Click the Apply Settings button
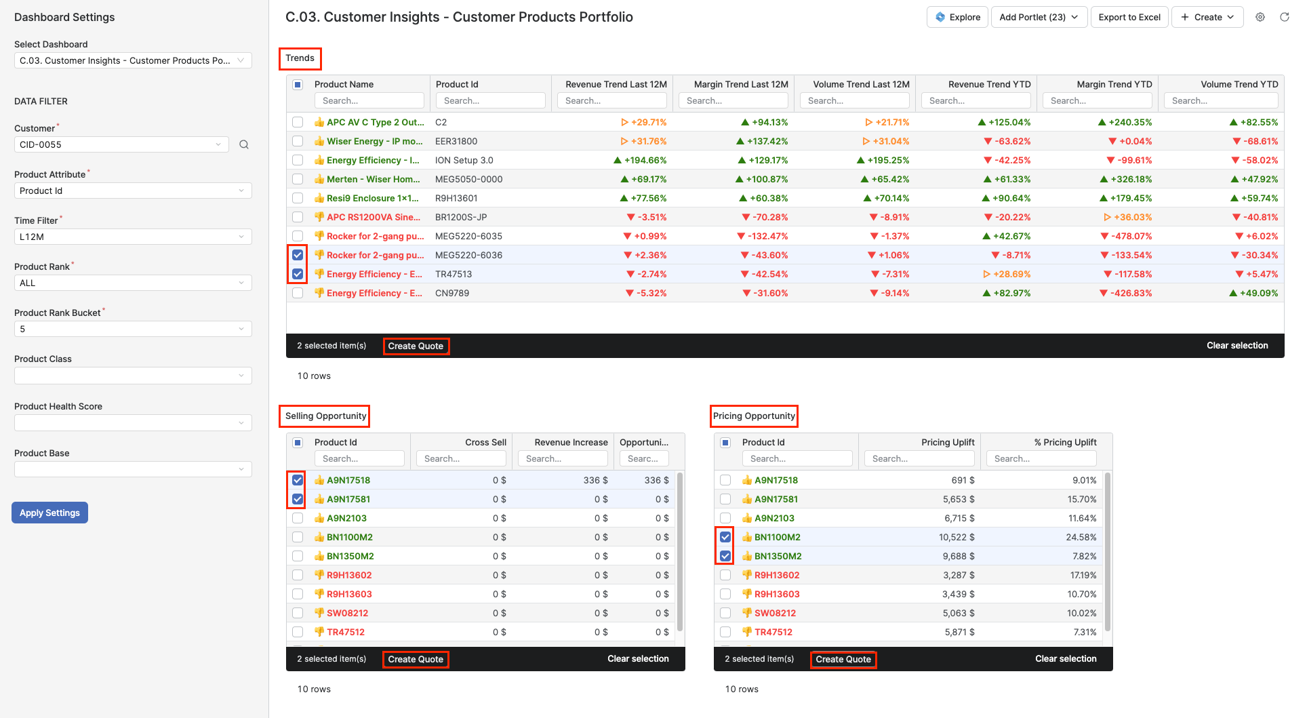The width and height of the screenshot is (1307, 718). click(x=49, y=513)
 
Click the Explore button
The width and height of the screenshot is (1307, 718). click(x=957, y=17)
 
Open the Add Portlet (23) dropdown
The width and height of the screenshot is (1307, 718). click(x=1039, y=17)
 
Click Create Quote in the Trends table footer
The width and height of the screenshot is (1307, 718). click(x=416, y=346)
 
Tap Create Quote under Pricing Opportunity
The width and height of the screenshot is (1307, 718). click(x=843, y=659)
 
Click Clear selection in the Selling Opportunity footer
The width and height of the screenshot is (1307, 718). click(x=638, y=658)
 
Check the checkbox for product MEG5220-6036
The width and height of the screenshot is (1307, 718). click(x=298, y=255)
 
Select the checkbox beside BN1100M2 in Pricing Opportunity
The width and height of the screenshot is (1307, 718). click(x=725, y=537)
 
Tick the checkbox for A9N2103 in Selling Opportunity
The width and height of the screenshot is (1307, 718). click(x=298, y=518)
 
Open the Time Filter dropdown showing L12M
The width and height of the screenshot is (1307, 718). click(x=132, y=237)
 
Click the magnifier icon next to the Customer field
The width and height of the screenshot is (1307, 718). click(x=244, y=144)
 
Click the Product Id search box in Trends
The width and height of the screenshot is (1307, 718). click(x=490, y=100)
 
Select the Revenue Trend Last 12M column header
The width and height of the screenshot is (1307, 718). click(x=616, y=84)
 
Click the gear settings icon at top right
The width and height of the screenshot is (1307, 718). click(x=1260, y=17)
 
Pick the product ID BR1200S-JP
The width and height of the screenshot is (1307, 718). click(x=461, y=217)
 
